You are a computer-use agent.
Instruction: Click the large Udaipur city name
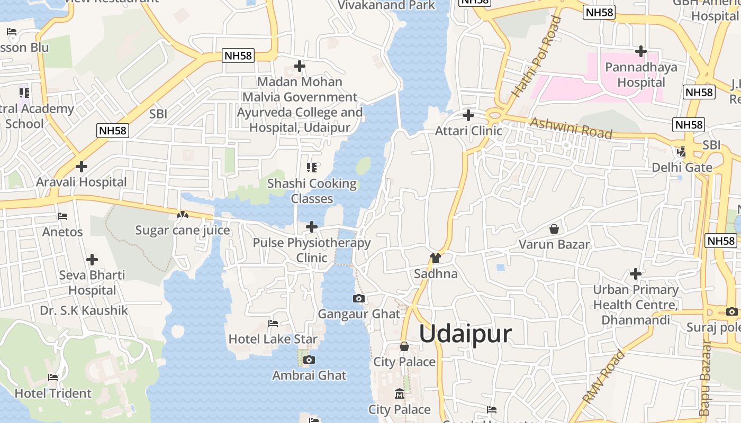pos(466,334)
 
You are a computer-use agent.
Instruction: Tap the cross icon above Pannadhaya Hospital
pos(641,51)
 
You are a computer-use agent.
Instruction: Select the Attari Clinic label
pos(468,131)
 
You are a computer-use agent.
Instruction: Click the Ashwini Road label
pos(571,128)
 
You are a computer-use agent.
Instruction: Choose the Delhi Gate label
pos(682,168)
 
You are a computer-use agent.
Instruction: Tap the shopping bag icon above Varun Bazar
pos(554,229)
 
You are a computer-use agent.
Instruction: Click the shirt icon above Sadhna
pos(436,258)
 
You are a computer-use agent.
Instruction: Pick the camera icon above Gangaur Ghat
pos(359,298)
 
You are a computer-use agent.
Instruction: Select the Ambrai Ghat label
pos(309,375)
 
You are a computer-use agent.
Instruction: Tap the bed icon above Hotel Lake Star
pos(273,323)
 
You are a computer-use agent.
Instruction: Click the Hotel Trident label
pos(53,393)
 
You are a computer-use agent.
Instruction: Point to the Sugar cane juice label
pos(183,231)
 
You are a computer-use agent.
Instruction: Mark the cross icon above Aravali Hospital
pos(82,167)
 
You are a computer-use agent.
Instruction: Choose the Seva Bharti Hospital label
pos(92,283)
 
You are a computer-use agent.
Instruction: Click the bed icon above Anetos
pos(62,216)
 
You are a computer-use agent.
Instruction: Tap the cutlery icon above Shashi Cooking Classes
pos(312,168)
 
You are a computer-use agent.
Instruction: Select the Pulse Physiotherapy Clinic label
pos(312,250)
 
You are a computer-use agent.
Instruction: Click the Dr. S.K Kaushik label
pos(84,310)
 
